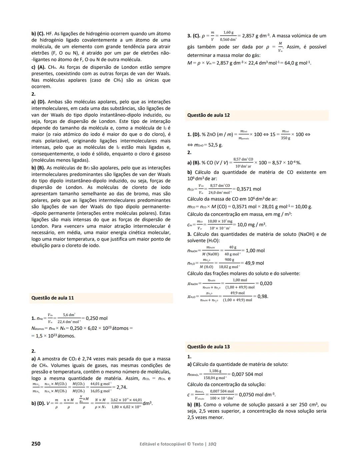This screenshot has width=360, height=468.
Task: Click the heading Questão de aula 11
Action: tap(52, 298)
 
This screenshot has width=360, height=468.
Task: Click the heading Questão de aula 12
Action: tap(208, 115)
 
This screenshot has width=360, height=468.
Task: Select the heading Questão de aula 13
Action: tap(208, 347)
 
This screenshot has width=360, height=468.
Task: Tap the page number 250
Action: tap(36, 444)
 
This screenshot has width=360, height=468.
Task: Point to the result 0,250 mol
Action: tap(96, 318)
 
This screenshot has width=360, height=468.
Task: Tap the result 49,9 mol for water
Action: tap(254, 263)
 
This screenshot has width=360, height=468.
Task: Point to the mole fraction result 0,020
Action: tap(266, 283)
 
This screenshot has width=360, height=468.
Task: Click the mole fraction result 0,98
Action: tap(262, 296)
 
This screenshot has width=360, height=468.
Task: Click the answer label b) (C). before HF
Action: tap(38, 34)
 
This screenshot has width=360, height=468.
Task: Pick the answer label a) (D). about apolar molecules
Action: tap(38, 102)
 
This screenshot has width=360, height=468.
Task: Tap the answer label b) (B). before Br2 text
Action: tap(38, 168)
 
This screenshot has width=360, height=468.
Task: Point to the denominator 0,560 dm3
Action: tap(228, 40)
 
